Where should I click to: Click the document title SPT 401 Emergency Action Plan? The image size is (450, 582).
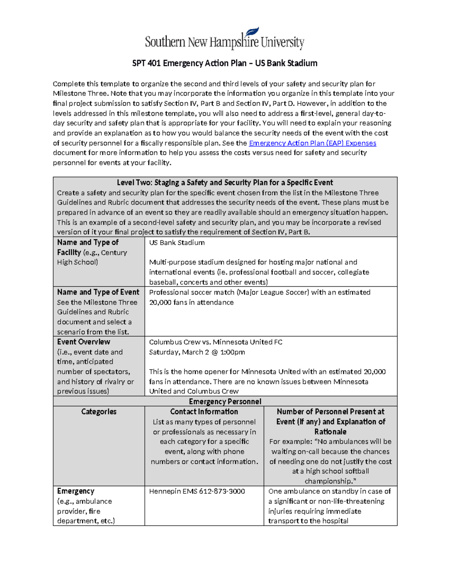(225, 63)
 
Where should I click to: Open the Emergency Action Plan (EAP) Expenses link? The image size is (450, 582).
(312, 143)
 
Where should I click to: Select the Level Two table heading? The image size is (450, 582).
(225, 183)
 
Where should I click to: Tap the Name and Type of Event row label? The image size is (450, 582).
(98, 292)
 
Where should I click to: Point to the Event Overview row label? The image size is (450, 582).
(84, 342)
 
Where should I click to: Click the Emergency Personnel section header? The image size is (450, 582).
(225, 401)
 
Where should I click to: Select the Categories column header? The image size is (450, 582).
(99, 412)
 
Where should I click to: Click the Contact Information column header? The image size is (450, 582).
(204, 412)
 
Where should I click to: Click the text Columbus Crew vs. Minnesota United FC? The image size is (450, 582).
(216, 342)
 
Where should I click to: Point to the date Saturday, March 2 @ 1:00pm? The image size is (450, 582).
(197, 352)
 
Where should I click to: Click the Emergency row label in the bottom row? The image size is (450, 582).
(76, 491)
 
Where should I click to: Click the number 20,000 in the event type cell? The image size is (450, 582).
(160, 302)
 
